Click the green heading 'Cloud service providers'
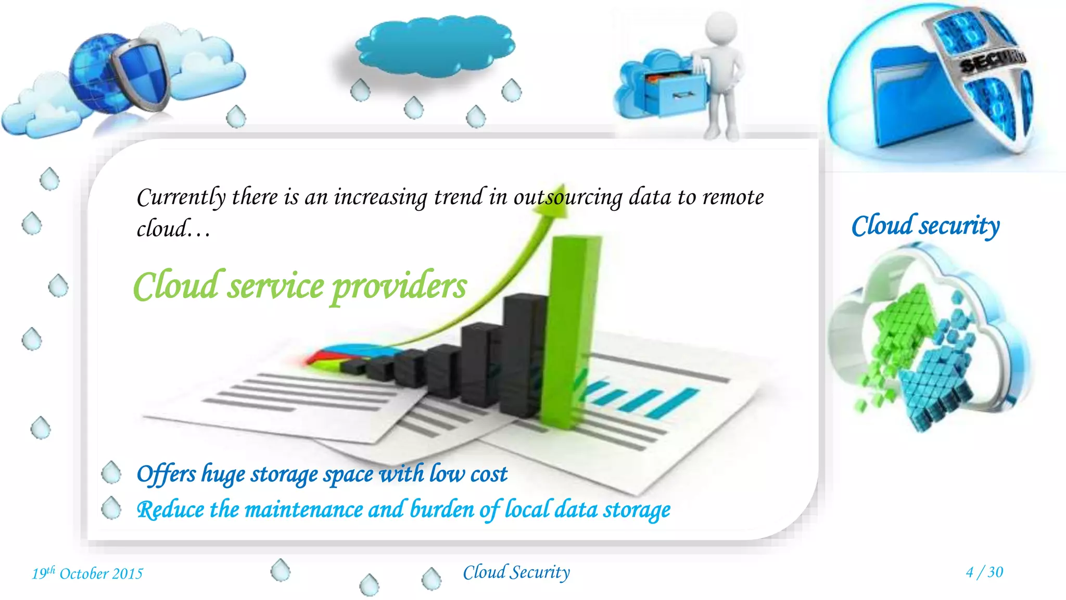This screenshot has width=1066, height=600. (300, 286)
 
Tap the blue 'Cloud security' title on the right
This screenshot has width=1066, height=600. (925, 226)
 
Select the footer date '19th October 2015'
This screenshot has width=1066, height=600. (87, 573)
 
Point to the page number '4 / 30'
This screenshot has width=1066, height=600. (984, 572)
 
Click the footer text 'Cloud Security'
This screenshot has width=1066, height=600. (516, 572)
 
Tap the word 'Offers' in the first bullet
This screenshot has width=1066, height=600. (166, 474)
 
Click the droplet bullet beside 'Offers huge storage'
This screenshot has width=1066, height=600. (111, 472)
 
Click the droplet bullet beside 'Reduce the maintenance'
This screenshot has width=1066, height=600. (111, 508)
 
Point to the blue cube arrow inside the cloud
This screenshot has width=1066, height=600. (937, 380)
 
